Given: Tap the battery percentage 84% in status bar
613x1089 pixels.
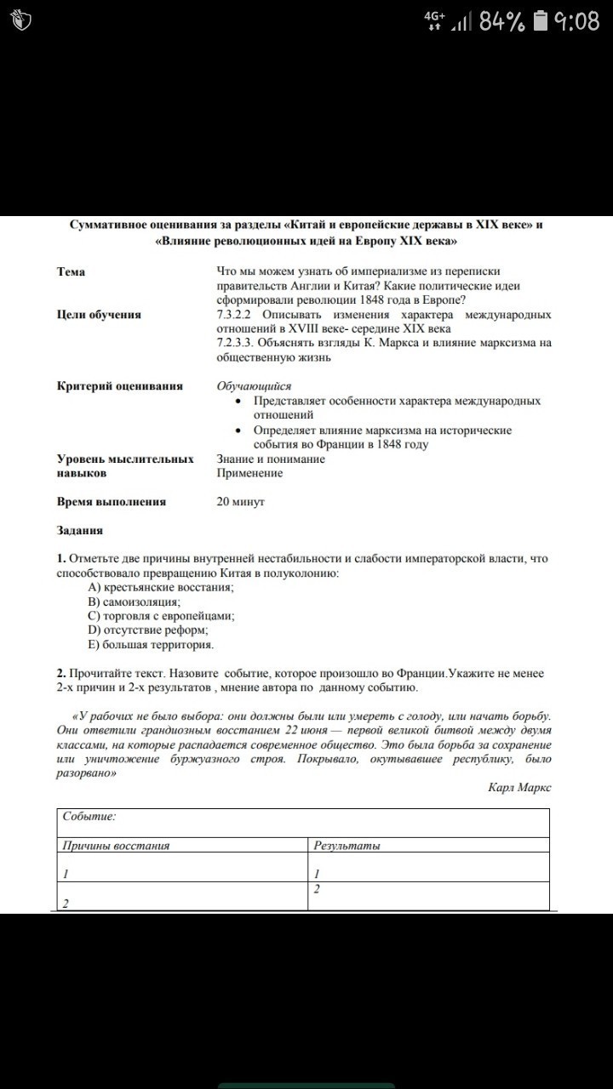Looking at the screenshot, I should pos(501,22).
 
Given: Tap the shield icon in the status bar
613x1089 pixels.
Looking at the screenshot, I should pos(23,22).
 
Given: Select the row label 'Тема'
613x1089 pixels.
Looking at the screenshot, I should pos(71,272).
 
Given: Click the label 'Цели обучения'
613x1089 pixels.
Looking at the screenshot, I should pos(99,315).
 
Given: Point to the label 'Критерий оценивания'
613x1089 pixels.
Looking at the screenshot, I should pos(120,386).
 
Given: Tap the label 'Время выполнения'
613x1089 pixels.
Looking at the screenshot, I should pos(112,502).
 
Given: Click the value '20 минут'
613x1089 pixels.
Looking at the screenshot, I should pos(241,502).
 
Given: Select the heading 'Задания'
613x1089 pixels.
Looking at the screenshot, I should pos(80,530).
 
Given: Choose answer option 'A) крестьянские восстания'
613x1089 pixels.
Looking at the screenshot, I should pos(161,587).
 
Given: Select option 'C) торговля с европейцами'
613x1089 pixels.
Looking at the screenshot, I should pos(162,616).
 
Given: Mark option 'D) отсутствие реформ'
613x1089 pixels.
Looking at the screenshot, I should pos(148,630).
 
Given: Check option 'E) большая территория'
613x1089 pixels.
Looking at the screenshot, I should pos(151,645).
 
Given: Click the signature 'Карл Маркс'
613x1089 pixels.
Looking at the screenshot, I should pos(519,788).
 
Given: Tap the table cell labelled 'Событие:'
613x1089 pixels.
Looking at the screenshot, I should pos(89,817).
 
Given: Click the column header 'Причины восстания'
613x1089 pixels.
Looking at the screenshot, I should pos(117,846).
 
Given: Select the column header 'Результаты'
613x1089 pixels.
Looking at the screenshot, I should pos(347,846).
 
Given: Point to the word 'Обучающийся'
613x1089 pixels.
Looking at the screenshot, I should pos(254,386).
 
